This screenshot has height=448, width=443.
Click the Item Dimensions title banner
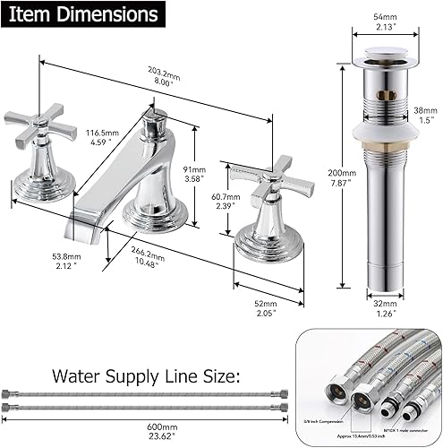[81, 15]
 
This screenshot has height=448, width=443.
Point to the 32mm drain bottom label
[382, 309]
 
